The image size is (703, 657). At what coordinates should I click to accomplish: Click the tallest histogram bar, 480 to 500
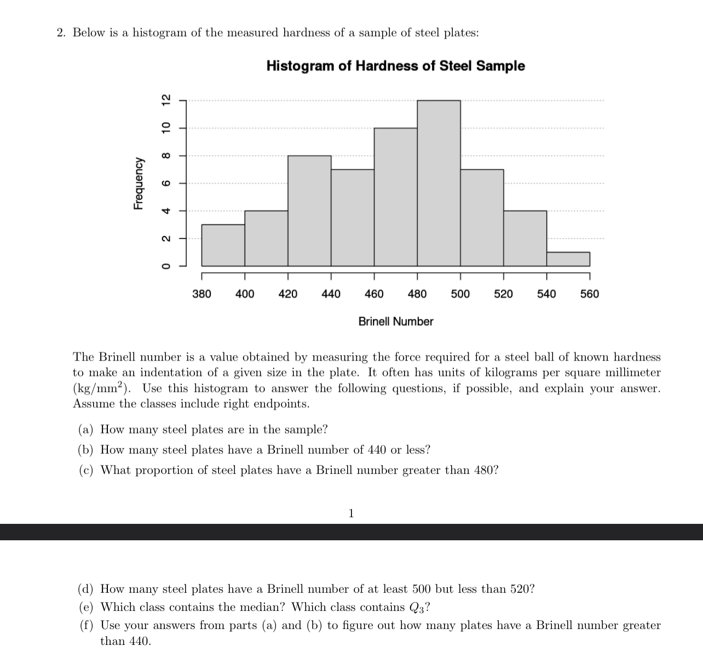(x=439, y=184)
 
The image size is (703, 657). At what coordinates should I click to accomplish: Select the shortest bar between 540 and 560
(x=568, y=259)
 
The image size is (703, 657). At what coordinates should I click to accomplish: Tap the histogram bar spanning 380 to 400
(x=223, y=245)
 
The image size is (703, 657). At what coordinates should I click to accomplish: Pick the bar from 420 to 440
(x=309, y=211)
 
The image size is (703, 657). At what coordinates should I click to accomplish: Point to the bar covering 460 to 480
(x=395, y=197)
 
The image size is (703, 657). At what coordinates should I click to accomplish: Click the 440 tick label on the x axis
(x=331, y=294)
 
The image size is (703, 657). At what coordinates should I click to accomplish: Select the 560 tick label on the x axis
(x=589, y=294)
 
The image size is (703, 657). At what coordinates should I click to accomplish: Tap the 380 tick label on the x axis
(x=201, y=294)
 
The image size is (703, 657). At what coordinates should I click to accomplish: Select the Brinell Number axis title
(x=395, y=322)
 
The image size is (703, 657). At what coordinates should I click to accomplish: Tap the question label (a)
(x=86, y=430)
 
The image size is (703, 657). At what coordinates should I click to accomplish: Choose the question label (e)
(x=86, y=607)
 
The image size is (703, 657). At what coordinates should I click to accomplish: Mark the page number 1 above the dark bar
(x=351, y=513)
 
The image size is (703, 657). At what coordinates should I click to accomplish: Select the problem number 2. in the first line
(x=61, y=33)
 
